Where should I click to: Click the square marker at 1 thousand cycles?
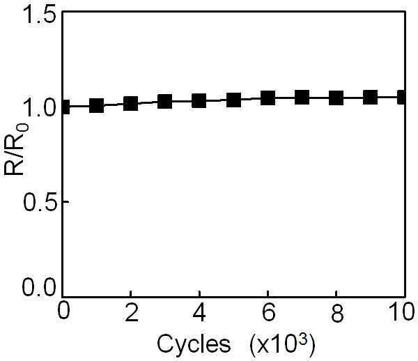[x=96, y=105]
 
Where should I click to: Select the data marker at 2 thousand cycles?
[x=131, y=103]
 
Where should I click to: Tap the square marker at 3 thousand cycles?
[x=164, y=101]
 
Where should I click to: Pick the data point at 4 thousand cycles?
[x=199, y=100]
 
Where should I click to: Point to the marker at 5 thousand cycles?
[x=233, y=100]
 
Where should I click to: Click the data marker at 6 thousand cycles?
[x=268, y=98]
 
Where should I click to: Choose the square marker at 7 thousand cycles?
[x=302, y=97]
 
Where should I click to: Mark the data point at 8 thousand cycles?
[x=336, y=98]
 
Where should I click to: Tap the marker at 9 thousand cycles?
[x=371, y=97]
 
